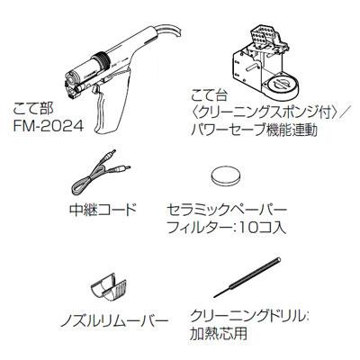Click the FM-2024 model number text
pos(49,126)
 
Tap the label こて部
pos(33,109)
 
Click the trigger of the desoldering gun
pos(96,90)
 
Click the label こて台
pos(209,97)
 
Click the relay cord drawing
pos(98,174)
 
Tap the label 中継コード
pos(103,209)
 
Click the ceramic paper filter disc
pos(226,175)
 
